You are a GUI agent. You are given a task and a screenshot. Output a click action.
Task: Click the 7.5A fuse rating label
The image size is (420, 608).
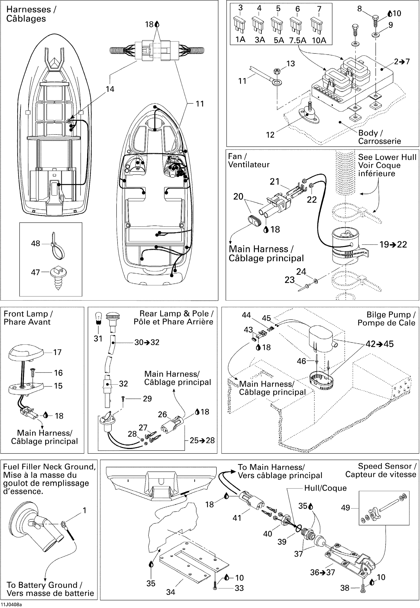[x=298, y=40]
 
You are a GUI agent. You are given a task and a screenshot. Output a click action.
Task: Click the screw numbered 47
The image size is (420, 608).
[x=58, y=277]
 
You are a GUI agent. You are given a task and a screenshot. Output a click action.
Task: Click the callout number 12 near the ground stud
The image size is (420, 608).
[x=270, y=135]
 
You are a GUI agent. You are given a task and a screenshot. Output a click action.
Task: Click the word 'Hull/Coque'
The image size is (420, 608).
[x=325, y=488]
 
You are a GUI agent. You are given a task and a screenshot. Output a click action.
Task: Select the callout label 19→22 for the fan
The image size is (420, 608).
[x=393, y=244]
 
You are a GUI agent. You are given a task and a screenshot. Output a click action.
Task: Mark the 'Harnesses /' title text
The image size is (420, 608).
[x=31, y=9]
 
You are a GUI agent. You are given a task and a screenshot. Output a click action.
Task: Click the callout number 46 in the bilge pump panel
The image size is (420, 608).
[x=301, y=361]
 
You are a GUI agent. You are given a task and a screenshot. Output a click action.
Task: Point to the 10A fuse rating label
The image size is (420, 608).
[x=319, y=40]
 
